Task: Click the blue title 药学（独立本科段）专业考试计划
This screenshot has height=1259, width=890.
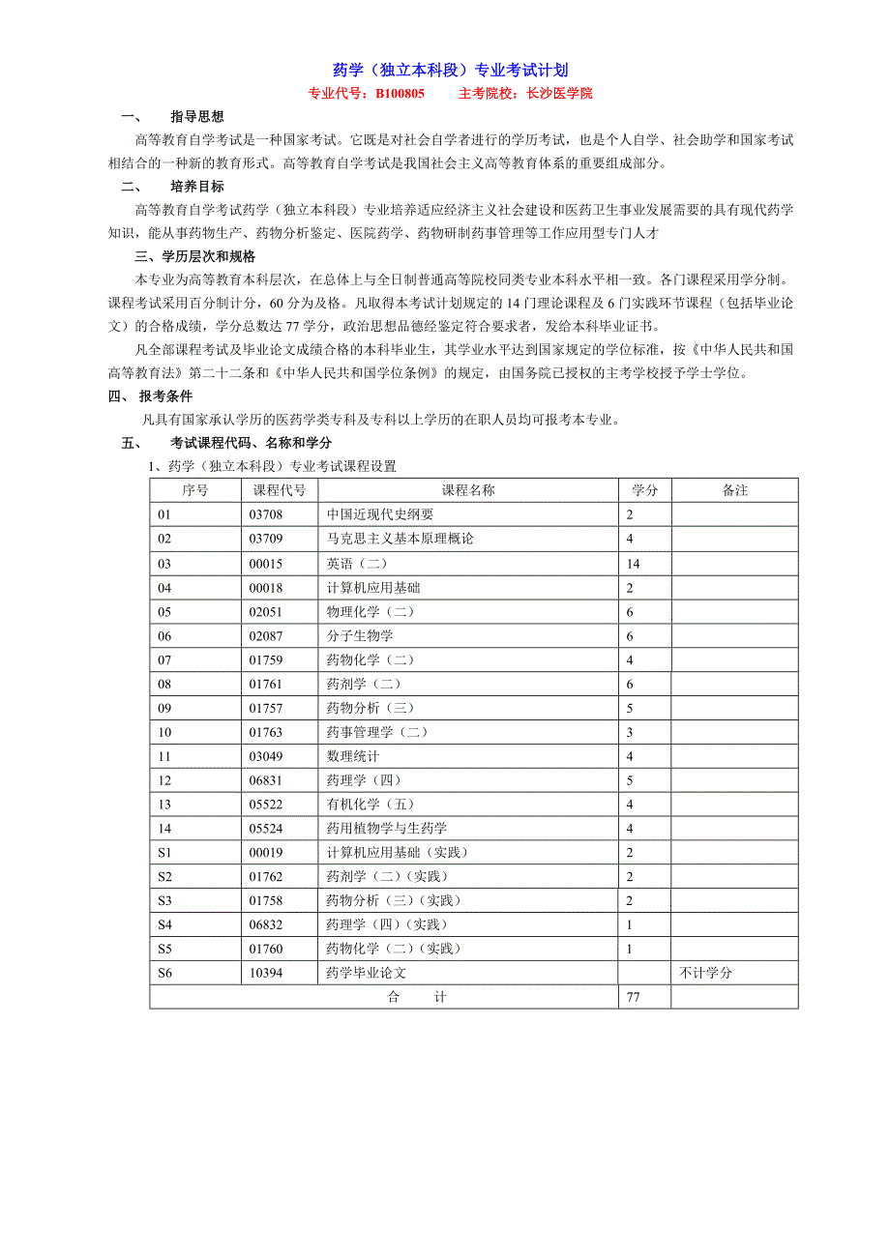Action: (x=450, y=70)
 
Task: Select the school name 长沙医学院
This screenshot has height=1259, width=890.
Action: (x=558, y=94)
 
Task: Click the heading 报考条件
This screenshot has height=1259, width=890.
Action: (x=165, y=395)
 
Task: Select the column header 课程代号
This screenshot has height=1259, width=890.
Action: (x=279, y=490)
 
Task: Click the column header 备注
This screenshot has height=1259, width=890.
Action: (x=734, y=490)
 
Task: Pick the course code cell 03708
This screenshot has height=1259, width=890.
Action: (x=266, y=514)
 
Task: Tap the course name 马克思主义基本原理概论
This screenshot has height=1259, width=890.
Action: (x=400, y=539)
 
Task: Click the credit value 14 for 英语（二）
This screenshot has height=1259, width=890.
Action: (x=634, y=563)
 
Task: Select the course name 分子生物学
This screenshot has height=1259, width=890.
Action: (x=360, y=635)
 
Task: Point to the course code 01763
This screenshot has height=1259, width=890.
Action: (x=266, y=732)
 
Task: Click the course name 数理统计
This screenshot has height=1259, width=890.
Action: (x=353, y=756)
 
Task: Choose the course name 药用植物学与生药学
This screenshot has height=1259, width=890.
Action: (x=387, y=828)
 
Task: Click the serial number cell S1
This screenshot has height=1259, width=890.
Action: (x=164, y=852)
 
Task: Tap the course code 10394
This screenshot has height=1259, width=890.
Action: (x=266, y=973)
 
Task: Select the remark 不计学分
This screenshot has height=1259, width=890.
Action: (x=705, y=973)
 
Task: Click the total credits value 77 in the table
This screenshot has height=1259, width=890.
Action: (x=634, y=997)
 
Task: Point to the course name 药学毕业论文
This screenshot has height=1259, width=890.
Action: (x=367, y=973)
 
